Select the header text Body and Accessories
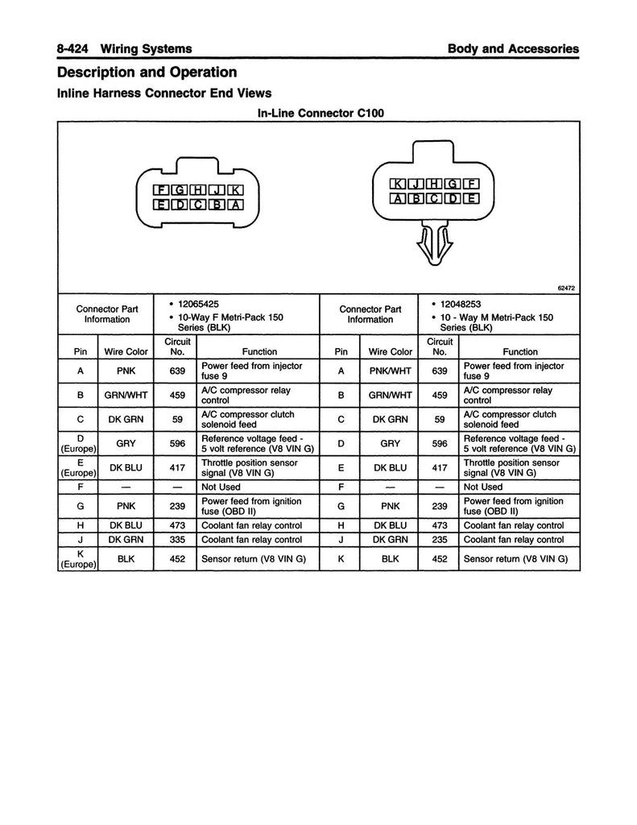513,48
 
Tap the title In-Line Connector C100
320,113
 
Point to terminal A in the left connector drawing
235,205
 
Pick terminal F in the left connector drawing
164,190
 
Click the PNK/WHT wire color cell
390,371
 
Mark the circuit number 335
178,540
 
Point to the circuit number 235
440,540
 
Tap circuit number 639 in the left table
178,371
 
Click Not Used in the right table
482,487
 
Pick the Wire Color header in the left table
126,351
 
